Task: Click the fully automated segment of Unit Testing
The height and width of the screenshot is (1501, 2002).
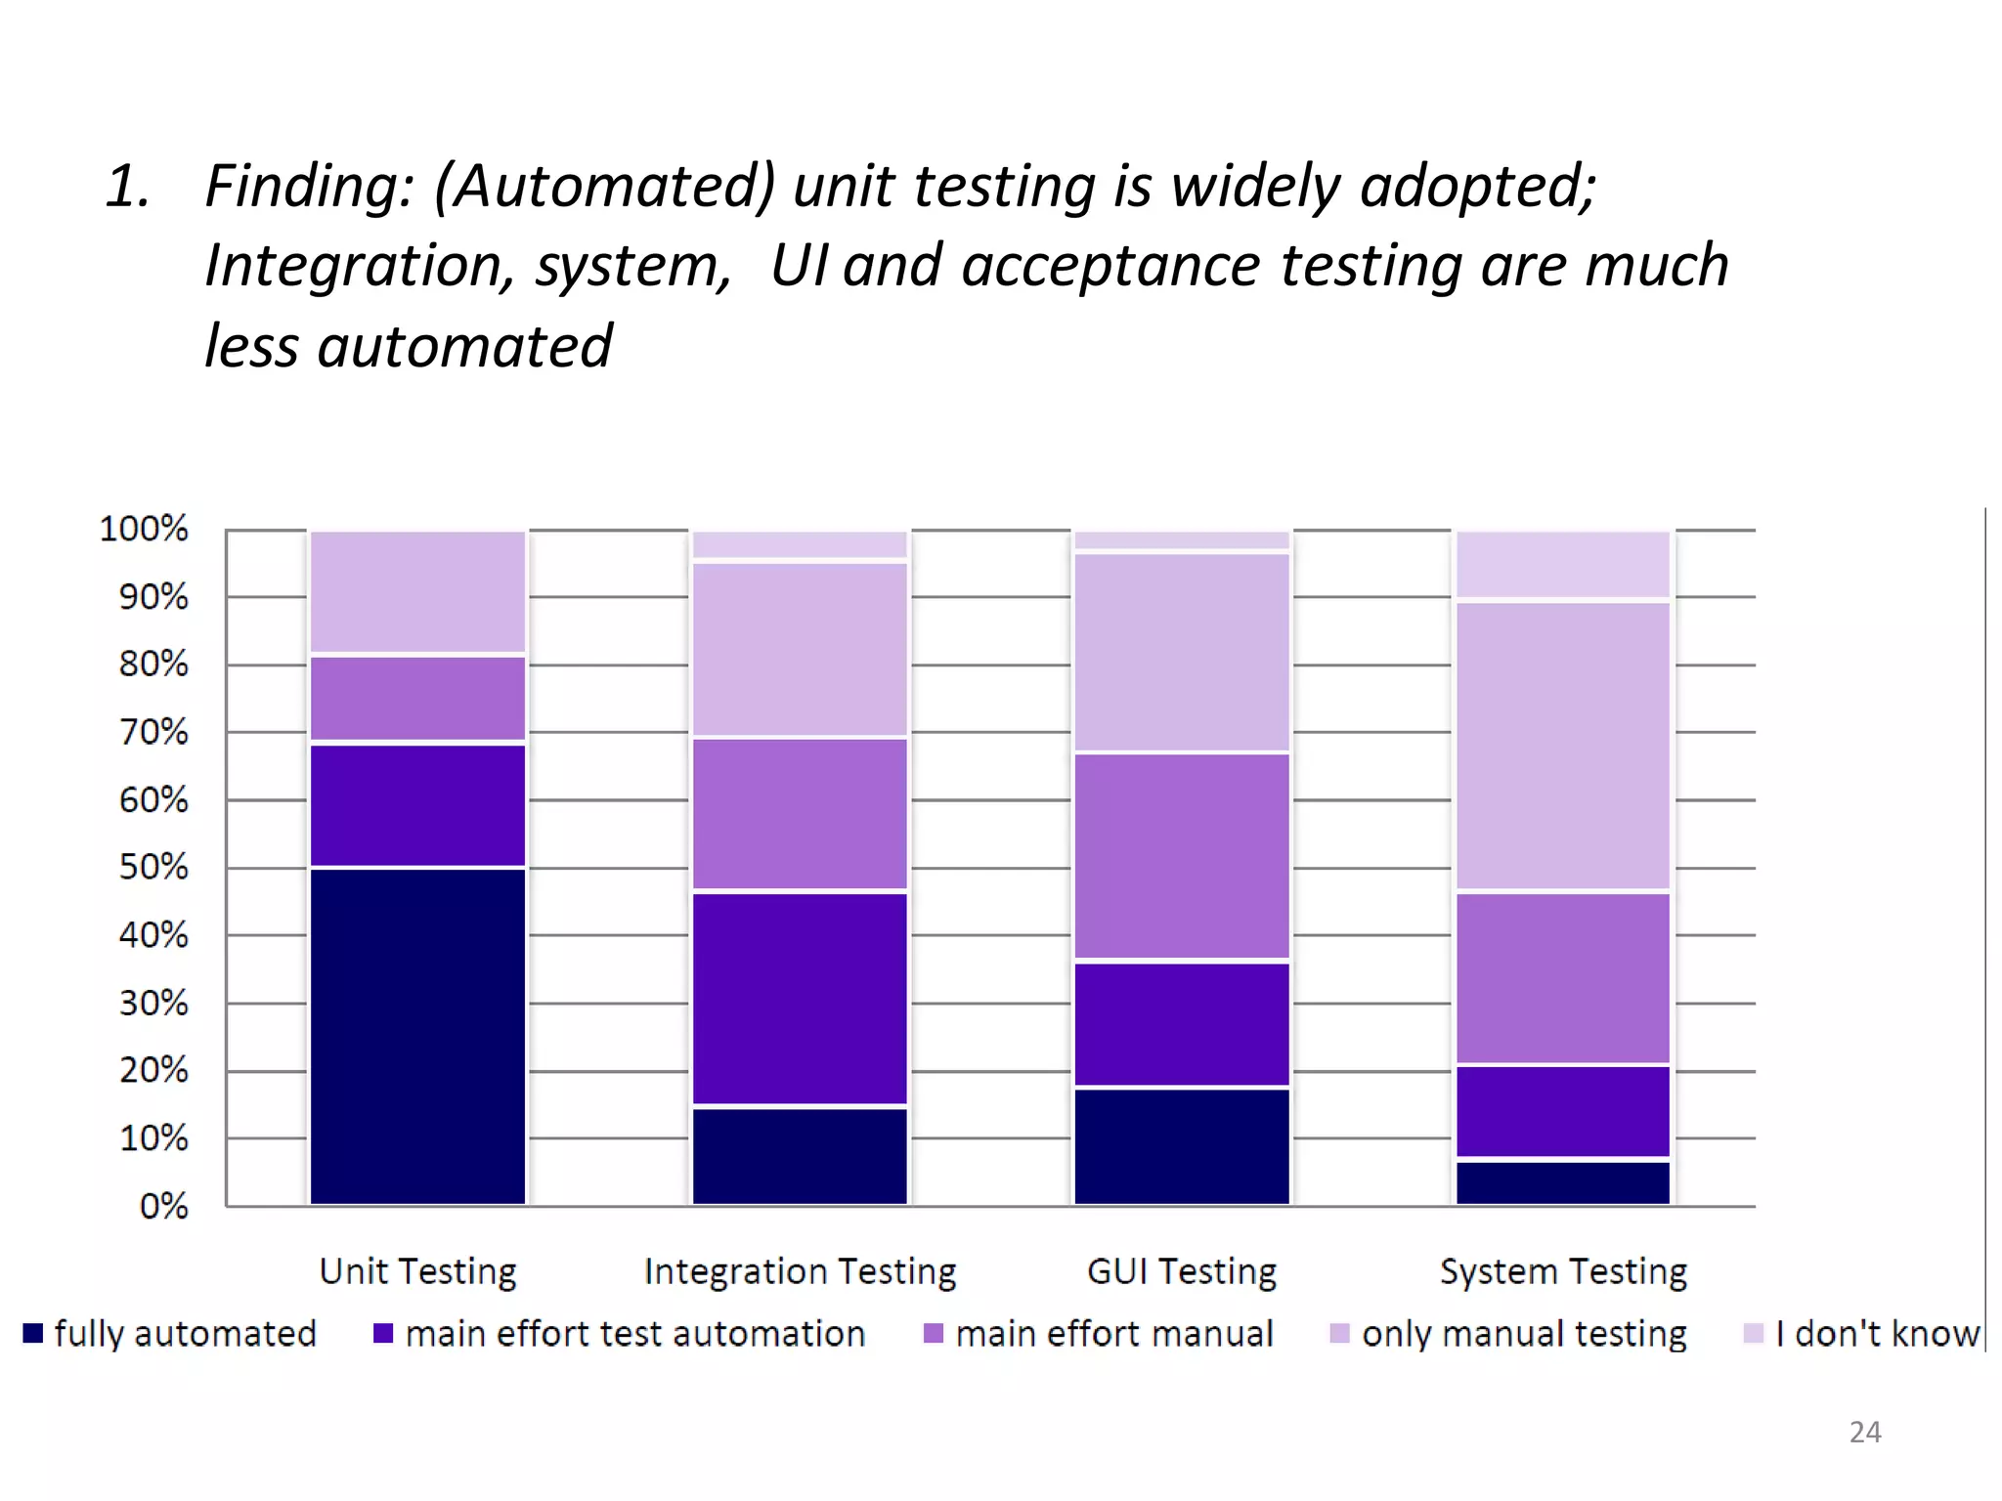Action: tap(417, 1036)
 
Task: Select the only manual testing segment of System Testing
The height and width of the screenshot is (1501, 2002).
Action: tap(1563, 747)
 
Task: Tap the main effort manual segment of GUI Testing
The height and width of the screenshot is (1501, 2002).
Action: tap(1181, 856)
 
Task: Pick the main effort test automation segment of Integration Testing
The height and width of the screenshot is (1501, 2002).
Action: tap(800, 999)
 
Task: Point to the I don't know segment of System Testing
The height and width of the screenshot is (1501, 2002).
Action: tap(1563, 565)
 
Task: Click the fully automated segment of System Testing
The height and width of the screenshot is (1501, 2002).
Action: tap(1563, 1182)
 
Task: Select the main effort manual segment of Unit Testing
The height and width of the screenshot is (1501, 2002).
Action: tap(417, 699)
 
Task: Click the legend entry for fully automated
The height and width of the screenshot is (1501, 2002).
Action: tap(171, 1334)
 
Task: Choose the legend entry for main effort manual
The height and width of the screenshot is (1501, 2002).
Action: tap(1099, 1334)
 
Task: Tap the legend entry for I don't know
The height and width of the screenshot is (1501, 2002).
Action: tap(1862, 1334)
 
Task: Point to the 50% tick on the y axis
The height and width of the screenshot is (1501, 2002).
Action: tap(153, 868)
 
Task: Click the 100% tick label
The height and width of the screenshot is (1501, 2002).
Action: tap(144, 529)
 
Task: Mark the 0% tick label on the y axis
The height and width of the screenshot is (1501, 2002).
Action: tap(163, 1206)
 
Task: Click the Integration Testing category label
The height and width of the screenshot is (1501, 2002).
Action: tap(800, 1271)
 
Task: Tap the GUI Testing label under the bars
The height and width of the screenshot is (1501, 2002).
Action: tap(1181, 1271)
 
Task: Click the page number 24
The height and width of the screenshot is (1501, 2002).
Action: tap(1864, 1433)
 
